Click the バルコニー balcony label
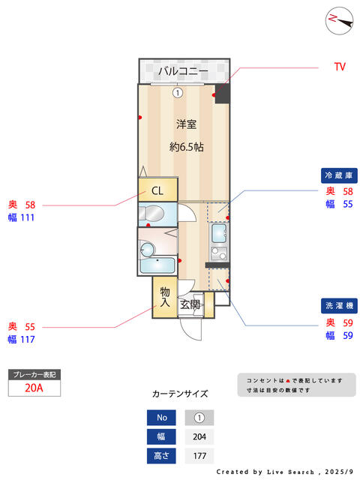(x=183, y=71)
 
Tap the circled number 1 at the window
(x=178, y=94)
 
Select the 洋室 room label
(x=187, y=124)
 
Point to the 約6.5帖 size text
(x=187, y=147)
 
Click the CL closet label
(x=157, y=190)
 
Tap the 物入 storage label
(x=165, y=297)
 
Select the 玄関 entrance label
(x=190, y=304)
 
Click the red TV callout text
(x=340, y=67)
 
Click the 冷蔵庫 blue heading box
(x=337, y=175)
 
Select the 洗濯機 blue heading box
(x=337, y=306)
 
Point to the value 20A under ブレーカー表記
(x=33, y=388)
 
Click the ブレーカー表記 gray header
(x=33, y=373)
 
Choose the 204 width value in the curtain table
(x=199, y=436)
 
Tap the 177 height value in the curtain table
(x=199, y=455)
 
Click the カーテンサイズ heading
(x=180, y=394)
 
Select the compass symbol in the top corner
(x=339, y=20)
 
